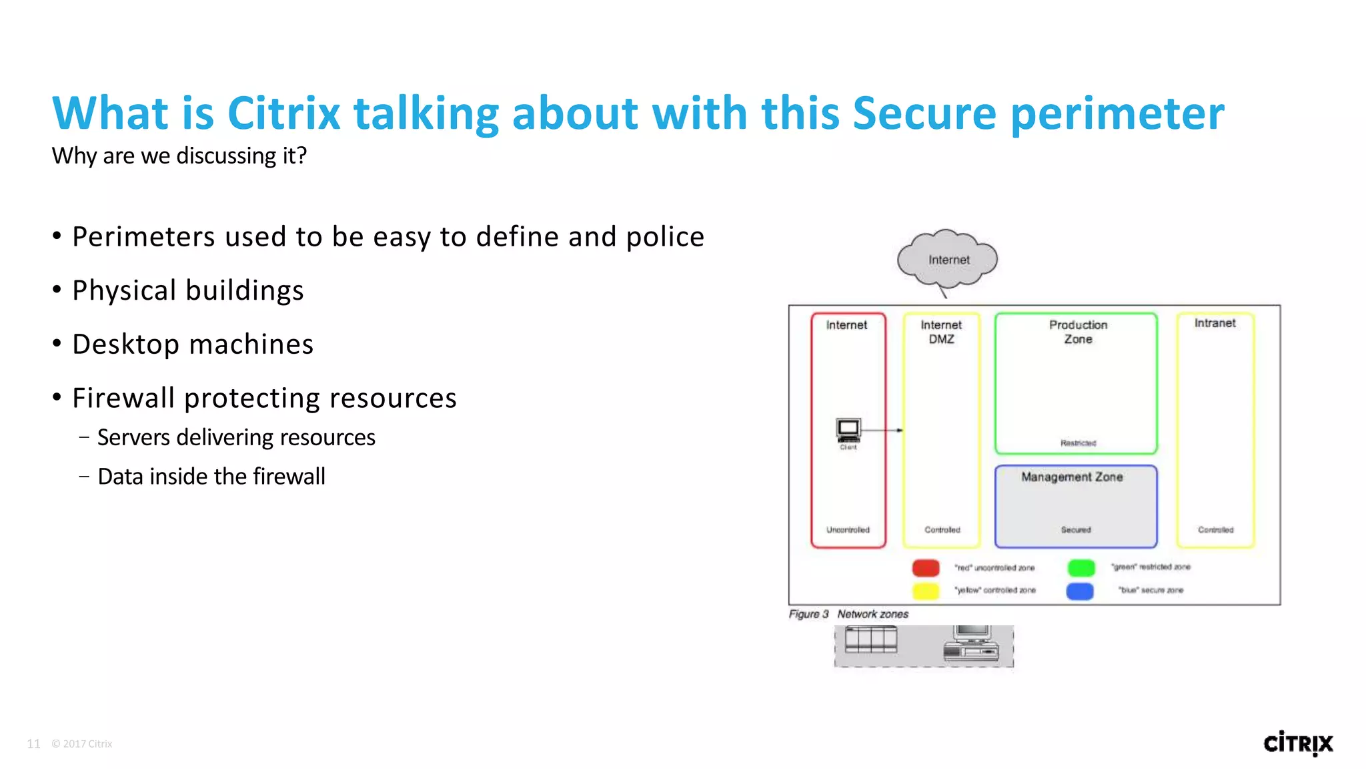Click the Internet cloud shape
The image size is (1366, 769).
click(x=947, y=260)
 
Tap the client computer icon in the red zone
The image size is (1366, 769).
click(x=848, y=430)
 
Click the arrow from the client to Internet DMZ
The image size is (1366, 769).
click(x=882, y=431)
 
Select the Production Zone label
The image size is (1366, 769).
click(x=1078, y=332)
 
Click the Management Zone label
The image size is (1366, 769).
click(x=1072, y=477)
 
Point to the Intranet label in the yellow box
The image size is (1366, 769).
click(x=1215, y=323)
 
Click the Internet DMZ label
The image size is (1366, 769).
click(x=941, y=332)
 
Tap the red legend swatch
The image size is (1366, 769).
click(x=926, y=568)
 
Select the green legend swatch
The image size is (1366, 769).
click(x=1081, y=567)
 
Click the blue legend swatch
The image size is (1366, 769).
click(x=1080, y=591)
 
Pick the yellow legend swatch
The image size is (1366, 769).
click(x=926, y=591)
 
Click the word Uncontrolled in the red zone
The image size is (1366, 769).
click(x=848, y=530)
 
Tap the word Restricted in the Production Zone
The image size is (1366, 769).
click(x=1078, y=443)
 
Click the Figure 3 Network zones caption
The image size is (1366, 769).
click(x=848, y=614)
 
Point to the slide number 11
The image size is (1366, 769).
click(x=33, y=744)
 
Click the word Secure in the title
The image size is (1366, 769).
click(x=924, y=113)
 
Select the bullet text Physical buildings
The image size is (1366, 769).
click(x=187, y=291)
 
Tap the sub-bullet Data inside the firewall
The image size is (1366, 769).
click(x=211, y=477)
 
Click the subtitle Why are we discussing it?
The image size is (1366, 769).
click(x=179, y=156)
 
